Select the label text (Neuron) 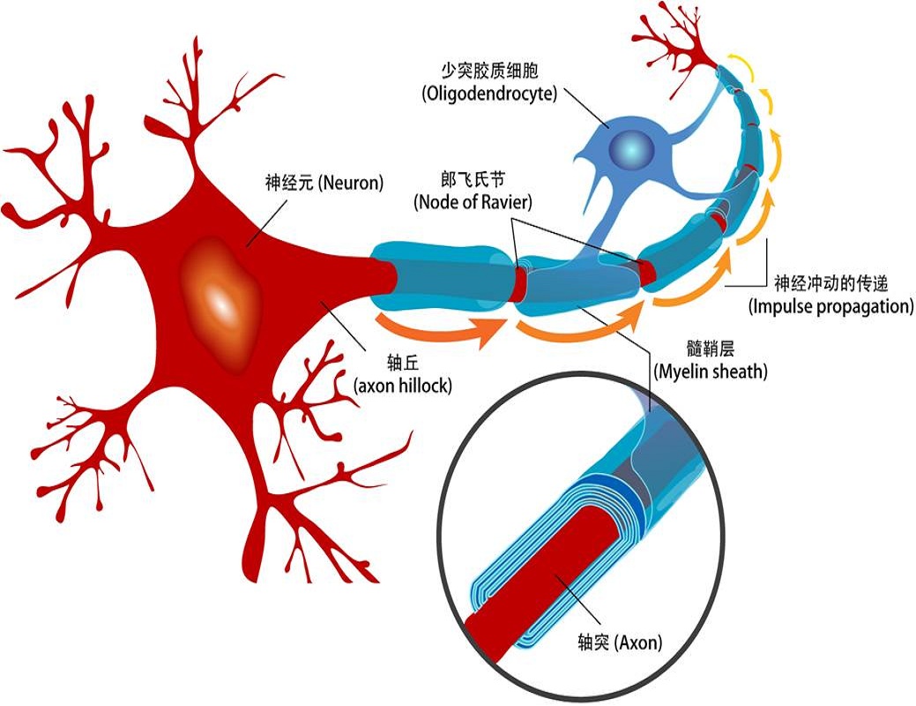(x=352, y=184)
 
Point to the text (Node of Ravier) (x=473, y=202)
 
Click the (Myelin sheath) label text (x=710, y=372)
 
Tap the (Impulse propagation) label (x=830, y=307)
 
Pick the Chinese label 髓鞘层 (x=710, y=347)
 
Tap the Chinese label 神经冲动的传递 (x=830, y=283)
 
